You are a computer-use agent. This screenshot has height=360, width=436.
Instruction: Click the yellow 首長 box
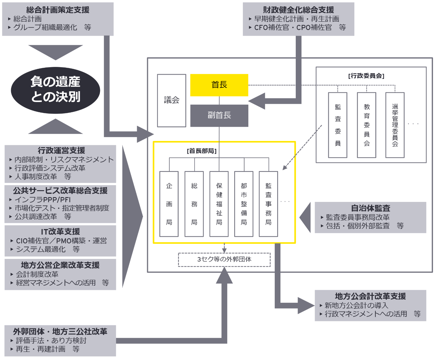coord(219,85)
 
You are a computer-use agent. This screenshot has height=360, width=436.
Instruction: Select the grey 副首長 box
coord(219,115)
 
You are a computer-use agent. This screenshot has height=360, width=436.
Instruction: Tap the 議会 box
coord(171,100)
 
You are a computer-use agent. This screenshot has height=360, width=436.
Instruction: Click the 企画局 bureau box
coord(169,204)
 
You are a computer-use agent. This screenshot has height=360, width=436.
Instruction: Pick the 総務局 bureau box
coord(194,204)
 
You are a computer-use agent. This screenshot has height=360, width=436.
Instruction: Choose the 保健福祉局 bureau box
coord(219,204)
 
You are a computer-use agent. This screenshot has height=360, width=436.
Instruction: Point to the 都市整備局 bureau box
coord(244,204)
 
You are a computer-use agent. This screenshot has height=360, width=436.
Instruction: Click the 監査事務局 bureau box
coord(268,204)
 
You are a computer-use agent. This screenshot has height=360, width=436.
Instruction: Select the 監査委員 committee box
coord(338,125)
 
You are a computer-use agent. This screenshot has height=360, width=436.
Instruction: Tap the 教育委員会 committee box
coord(367,125)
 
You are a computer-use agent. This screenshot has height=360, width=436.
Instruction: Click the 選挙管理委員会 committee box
coord(395,125)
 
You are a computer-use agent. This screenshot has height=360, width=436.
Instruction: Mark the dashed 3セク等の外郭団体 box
coord(224,259)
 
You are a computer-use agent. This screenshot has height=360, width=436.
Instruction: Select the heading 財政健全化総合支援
coord(298,10)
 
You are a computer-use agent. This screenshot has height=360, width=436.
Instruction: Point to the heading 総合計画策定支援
coord(58,10)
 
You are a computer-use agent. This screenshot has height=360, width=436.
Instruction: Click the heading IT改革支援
coord(60,232)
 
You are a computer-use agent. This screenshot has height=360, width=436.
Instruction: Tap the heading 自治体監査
coord(371,208)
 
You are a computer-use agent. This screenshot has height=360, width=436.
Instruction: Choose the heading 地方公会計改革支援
coord(370,296)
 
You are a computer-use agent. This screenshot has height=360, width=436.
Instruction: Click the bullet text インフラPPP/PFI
coord(43,199)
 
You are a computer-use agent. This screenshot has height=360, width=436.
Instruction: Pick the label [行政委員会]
coord(366,76)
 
